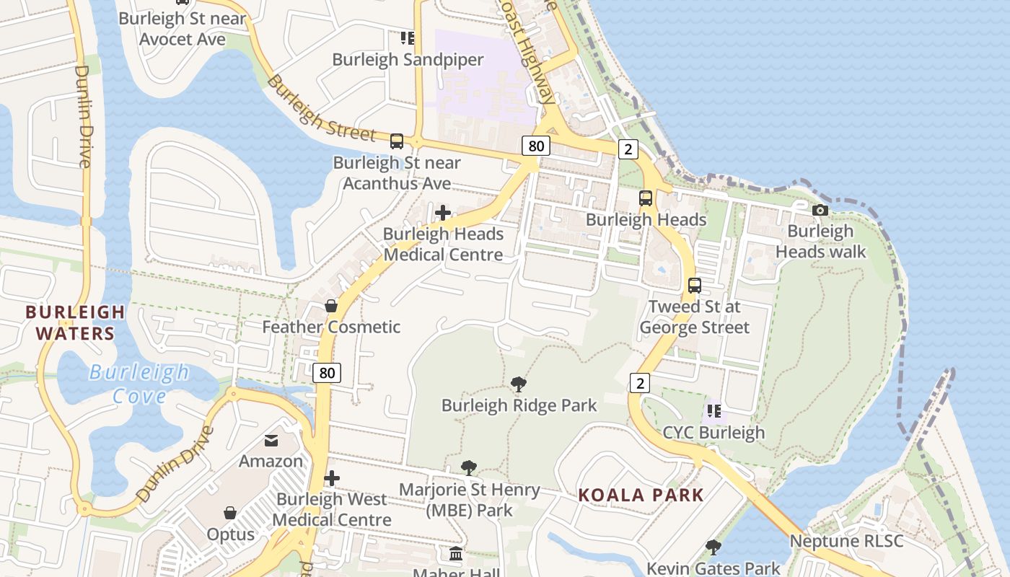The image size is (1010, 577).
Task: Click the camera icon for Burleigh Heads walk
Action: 820,210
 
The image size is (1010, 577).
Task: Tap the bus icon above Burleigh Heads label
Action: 646,198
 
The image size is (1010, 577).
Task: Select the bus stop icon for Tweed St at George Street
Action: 694,285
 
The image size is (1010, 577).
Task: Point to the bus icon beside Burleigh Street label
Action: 397,141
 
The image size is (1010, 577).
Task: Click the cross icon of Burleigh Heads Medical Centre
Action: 443,213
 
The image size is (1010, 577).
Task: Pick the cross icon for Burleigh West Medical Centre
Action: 332,478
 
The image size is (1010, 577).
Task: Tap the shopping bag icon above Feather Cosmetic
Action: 331,306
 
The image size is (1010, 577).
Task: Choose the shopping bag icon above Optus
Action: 230,513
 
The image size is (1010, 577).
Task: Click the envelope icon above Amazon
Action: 271,440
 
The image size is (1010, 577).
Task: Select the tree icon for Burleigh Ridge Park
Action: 518,384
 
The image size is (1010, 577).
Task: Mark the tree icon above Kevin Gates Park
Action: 713,547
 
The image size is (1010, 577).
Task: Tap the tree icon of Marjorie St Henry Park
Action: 469,468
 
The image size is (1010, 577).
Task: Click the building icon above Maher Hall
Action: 456,554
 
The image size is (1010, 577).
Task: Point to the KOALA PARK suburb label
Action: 641,495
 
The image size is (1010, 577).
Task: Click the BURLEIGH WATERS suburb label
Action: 74,322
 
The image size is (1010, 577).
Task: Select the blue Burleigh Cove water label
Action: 139,384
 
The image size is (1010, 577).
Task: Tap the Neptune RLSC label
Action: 846,541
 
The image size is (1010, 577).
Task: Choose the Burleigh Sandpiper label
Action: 408,59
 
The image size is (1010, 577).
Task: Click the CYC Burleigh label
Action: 713,433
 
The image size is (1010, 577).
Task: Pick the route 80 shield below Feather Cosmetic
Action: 328,373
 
